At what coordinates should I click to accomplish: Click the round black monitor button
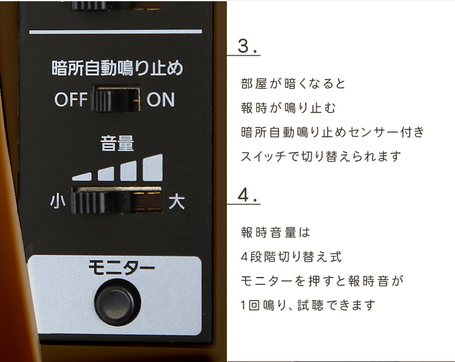pos(118,302)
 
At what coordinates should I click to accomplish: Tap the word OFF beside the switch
pos(71,100)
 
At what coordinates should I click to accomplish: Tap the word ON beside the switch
pos(161,100)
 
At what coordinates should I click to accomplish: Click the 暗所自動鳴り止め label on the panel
pos(117,68)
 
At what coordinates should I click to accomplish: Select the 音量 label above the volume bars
pos(117,143)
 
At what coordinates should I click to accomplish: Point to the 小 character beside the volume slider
pos(58,201)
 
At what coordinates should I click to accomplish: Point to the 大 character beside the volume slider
pos(177,202)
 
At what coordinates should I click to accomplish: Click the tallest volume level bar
pos(153,168)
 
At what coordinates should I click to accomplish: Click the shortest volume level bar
pos(82,177)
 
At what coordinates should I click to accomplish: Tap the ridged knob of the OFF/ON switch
pos(101,100)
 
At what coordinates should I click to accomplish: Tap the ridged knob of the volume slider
pos(89,202)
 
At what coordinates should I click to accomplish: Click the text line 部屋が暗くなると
pos(293,84)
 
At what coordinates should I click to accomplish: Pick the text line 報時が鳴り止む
pos(288,108)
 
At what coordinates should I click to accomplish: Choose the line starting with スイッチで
pos(321,157)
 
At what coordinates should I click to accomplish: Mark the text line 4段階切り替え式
pos(291,257)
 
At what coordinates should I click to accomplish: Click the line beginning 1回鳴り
pos(308,306)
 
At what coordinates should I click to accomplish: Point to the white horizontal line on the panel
pos(115,32)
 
